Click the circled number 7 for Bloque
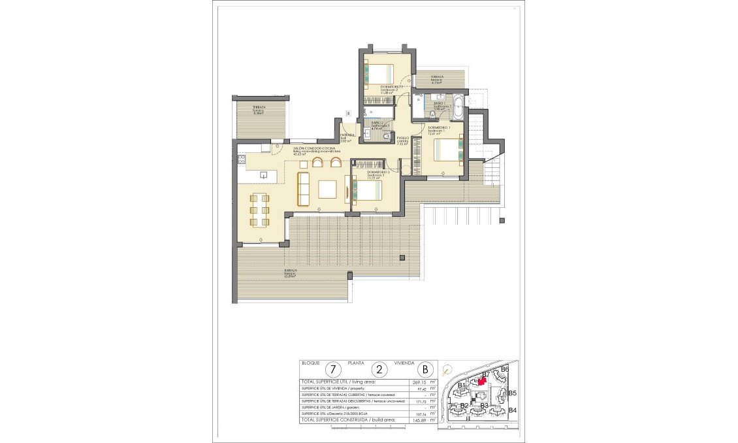(334, 369)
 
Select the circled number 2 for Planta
(381, 369)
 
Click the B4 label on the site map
(513, 410)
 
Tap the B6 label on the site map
(504, 369)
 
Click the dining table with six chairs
(260, 210)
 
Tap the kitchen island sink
(264, 174)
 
